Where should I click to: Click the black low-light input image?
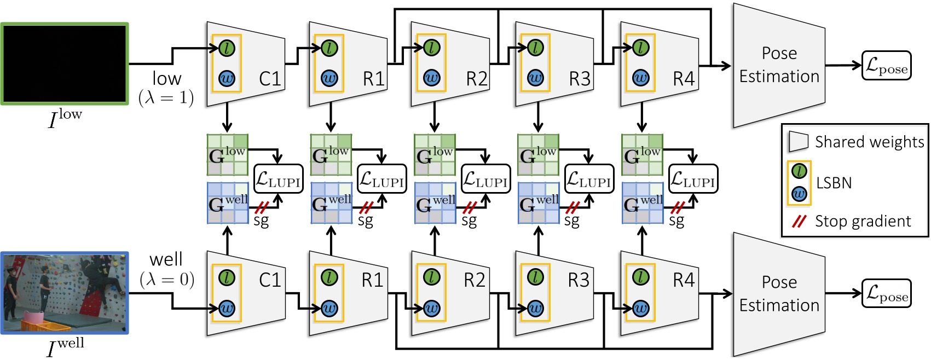click(65, 63)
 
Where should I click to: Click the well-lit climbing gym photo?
click(65, 293)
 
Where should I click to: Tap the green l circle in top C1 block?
click(227, 48)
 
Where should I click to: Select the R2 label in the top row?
click(476, 79)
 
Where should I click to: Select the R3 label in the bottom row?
click(579, 280)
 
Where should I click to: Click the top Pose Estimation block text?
click(779, 65)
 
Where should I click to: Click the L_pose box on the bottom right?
click(886, 293)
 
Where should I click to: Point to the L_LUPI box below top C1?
click(278, 179)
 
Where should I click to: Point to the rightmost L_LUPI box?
click(692, 179)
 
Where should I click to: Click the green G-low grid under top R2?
click(435, 155)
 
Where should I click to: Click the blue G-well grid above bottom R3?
click(538, 203)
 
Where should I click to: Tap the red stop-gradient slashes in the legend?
click(800, 222)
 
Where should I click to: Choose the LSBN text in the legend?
click(834, 183)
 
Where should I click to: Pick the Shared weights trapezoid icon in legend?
click(799, 142)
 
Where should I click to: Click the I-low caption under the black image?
click(65, 118)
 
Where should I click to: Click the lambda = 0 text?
click(167, 280)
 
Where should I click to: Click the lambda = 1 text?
click(166, 98)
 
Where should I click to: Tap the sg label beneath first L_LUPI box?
click(261, 220)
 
